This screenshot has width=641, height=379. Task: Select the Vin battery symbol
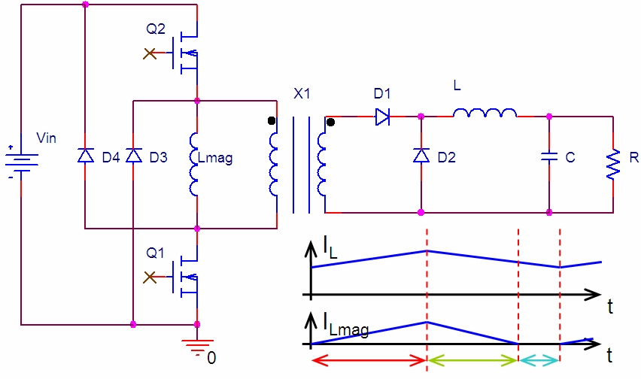coord(21,161)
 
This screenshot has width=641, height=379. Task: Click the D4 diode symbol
coord(85,156)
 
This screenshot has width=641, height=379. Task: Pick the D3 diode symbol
coord(133,156)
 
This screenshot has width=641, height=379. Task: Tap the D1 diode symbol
coord(382,117)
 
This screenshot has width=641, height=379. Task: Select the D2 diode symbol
coord(421,156)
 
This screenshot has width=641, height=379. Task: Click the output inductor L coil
coord(485,112)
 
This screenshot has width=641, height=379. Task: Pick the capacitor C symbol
coord(550,157)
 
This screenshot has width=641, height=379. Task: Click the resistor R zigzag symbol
coord(613,164)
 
